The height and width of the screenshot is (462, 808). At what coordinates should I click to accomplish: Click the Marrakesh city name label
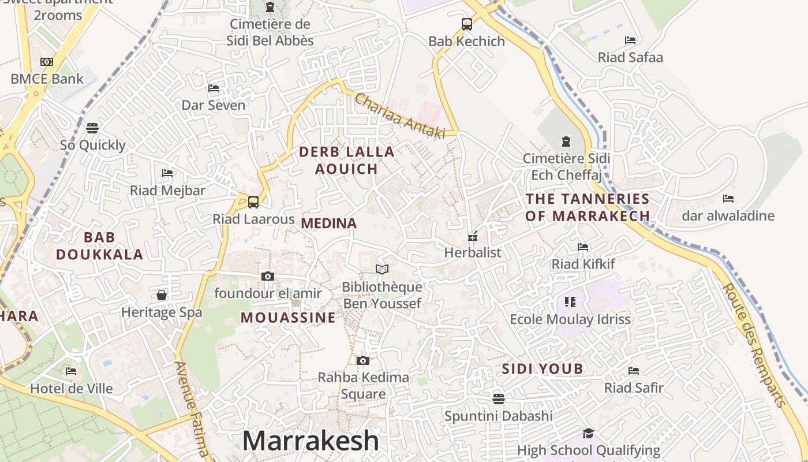pos(311,441)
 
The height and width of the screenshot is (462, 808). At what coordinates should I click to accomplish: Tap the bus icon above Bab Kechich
pos(467,24)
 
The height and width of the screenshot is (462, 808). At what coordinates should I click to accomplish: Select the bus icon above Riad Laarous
pos(253,202)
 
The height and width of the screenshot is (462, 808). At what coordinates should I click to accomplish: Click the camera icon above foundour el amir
pos(267,277)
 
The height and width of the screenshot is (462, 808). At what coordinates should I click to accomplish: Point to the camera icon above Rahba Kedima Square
pos(362,361)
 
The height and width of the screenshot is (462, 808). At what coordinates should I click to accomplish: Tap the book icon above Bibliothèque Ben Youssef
pos(381,269)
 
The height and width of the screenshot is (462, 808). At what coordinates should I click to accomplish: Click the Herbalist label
pos(472,252)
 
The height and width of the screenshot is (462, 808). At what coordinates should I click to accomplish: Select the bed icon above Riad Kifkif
pos(583,247)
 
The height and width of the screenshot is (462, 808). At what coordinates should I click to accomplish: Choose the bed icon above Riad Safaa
pos(630,40)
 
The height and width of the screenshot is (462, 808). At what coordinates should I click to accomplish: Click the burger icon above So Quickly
pos(92,128)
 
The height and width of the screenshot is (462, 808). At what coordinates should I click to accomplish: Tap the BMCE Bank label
pos(47,79)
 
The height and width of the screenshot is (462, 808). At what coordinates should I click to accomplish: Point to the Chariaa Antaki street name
pos(400,116)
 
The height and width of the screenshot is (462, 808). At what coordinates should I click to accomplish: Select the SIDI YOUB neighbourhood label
pos(542,368)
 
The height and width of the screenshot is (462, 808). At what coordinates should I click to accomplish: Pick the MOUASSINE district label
pos(288,318)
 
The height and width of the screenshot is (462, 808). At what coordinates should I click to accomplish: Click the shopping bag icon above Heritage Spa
pos(162,295)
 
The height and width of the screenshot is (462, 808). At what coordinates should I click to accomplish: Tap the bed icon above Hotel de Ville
pos(71,371)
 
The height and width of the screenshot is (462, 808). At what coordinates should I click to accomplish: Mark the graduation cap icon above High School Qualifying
pos(588,433)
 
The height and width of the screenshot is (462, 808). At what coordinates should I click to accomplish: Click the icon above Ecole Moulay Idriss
pos(570,301)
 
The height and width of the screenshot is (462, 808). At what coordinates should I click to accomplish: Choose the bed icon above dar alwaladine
pos(728,199)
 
